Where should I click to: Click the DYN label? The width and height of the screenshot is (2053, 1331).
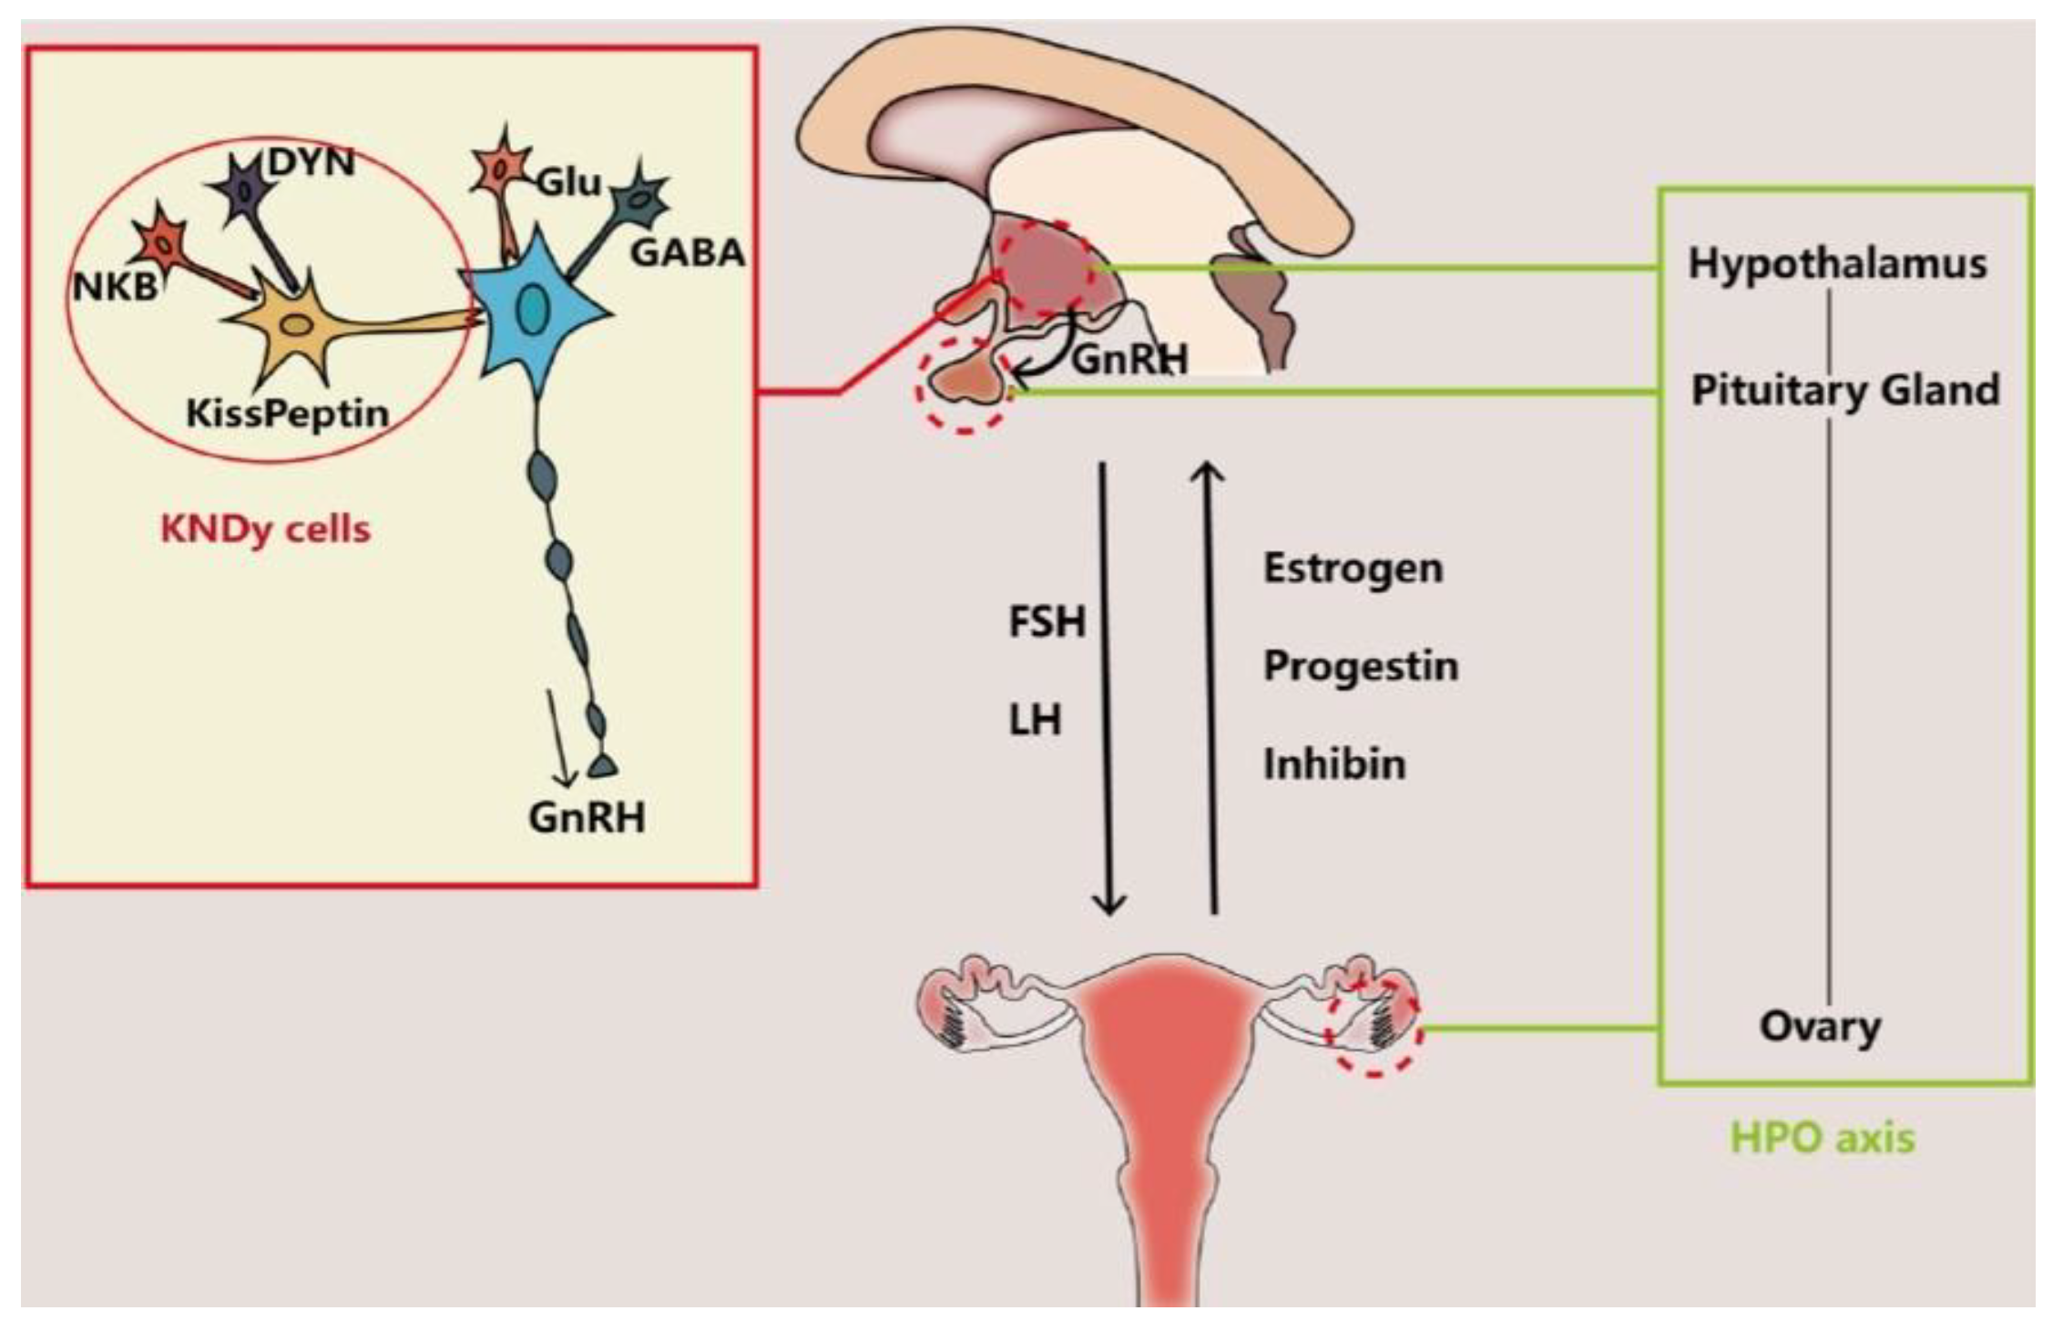point(311,163)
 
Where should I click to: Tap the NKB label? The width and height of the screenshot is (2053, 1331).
point(115,287)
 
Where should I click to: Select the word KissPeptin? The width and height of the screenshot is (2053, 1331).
point(287,414)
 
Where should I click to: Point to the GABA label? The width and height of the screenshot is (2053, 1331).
point(688,253)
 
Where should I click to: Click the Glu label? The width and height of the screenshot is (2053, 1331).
point(569,182)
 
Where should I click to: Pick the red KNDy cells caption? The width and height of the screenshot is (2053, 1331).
point(265,528)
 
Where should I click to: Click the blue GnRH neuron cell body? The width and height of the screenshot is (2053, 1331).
point(532,310)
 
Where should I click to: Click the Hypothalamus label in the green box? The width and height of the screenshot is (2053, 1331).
point(1837,264)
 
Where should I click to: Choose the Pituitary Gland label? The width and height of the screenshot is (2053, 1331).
point(1845,391)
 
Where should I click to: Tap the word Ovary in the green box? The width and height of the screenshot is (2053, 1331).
point(1820,1027)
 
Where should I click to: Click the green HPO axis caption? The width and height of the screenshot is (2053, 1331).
point(1822,1138)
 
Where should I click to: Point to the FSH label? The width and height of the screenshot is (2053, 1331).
point(1047,622)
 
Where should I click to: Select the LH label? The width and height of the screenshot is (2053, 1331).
point(1035,721)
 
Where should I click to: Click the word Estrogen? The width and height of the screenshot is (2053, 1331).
point(1353,568)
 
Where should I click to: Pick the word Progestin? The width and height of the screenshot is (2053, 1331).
point(1361,666)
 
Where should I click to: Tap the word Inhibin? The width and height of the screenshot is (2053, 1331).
point(1334,763)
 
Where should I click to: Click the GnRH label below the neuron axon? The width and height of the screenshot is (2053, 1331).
point(587,817)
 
